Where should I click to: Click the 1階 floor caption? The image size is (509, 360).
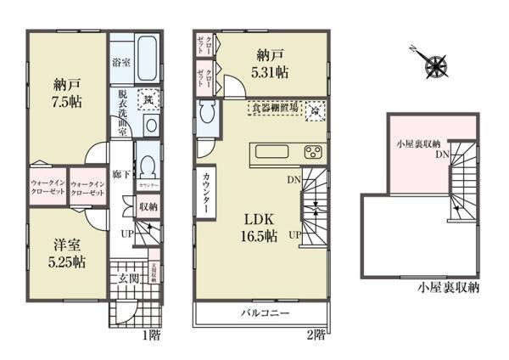tap(151, 335)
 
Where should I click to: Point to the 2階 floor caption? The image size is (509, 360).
tap(314, 335)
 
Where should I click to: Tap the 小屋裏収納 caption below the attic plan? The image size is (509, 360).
tap(448, 288)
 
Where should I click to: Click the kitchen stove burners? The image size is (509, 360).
tap(311, 154)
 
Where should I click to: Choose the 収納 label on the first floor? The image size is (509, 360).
tap(146, 206)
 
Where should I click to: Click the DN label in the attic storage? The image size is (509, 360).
tap(443, 154)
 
